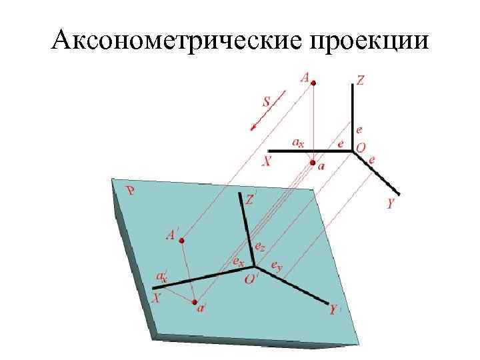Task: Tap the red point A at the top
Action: [315, 83]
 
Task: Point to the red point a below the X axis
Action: [313, 161]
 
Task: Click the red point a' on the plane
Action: [195, 303]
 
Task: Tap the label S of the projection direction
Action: [266, 103]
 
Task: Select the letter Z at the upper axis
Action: [361, 81]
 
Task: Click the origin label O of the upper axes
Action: [361, 147]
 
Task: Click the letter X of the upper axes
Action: [267, 161]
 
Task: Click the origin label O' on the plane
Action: [251, 280]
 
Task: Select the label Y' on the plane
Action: [335, 310]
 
